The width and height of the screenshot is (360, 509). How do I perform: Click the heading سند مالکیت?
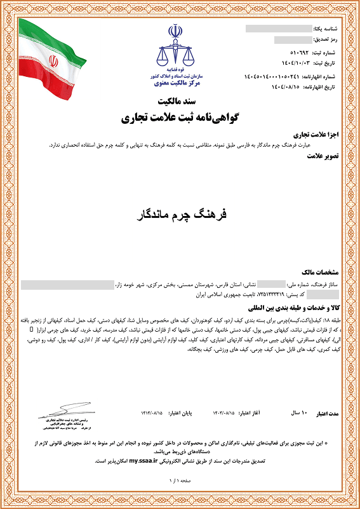click(x=180, y=102)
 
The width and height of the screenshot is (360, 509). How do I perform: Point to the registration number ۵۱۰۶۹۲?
click(x=291, y=53)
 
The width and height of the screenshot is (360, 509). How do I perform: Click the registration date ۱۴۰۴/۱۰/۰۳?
click(x=290, y=64)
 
